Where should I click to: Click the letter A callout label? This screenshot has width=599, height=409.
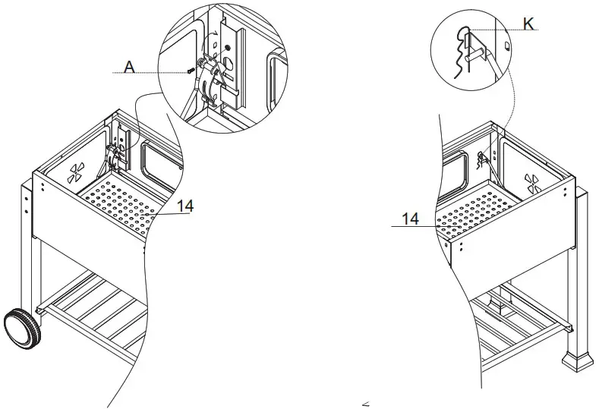click(x=129, y=68)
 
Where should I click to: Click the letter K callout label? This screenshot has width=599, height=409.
click(x=528, y=24)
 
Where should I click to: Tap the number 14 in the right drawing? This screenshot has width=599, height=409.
click(x=410, y=219)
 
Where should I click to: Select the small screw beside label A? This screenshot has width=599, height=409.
click(x=189, y=71)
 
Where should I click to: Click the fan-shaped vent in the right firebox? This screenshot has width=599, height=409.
click(x=532, y=181)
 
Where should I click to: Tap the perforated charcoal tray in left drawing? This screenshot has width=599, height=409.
click(x=125, y=204)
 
